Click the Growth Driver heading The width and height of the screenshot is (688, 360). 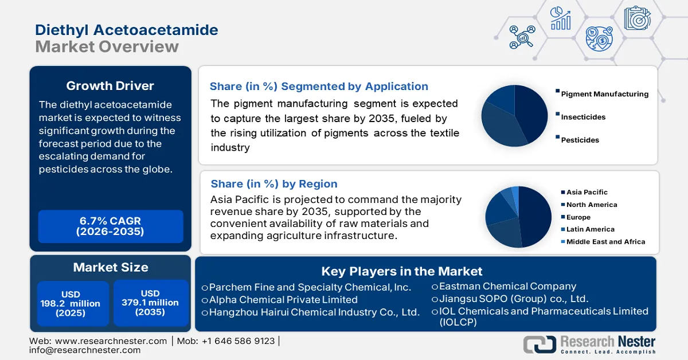(x=110, y=86)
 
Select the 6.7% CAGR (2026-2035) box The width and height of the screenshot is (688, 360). (x=110, y=226)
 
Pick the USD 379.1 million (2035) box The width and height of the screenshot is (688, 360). (x=150, y=303)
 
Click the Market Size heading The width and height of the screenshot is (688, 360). (x=110, y=267)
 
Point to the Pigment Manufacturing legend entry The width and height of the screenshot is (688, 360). (x=604, y=94)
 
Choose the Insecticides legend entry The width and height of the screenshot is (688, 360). (x=583, y=117)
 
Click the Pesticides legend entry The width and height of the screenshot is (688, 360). (x=580, y=140)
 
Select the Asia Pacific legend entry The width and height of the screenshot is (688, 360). (x=587, y=193)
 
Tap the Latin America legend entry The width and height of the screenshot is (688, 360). (x=590, y=229)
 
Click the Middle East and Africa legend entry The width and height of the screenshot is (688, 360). (x=605, y=242)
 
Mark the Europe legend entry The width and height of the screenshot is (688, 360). (x=578, y=217)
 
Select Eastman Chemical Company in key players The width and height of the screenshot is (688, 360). (x=507, y=286)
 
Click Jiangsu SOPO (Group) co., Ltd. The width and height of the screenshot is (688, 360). (x=513, y=299)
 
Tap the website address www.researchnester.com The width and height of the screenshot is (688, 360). (x=110, y=341)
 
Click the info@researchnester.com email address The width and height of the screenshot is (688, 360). (x=84, y=350)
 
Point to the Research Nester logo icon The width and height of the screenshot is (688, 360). (x=539, y=344)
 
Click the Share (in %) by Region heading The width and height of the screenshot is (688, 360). (x=274, y=184)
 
